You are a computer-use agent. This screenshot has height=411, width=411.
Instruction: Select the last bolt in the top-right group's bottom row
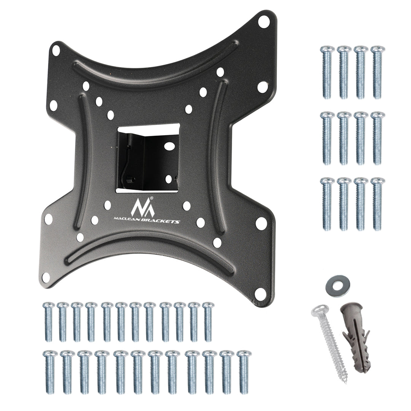[378, 203]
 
